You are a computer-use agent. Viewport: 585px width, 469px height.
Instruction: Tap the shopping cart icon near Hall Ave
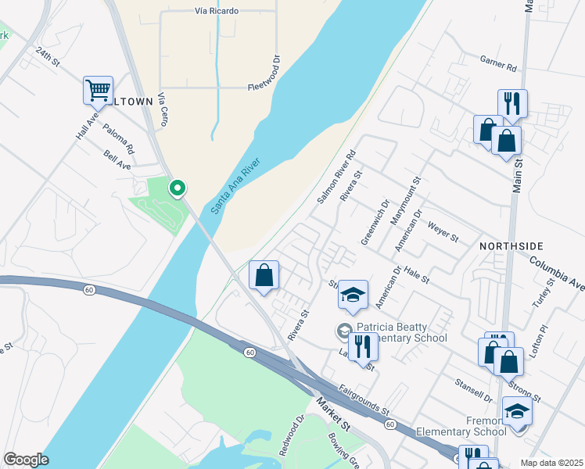(98, 91)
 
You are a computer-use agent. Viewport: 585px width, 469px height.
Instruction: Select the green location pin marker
(178, 188)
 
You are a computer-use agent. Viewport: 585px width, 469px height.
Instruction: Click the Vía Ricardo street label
(217, 11)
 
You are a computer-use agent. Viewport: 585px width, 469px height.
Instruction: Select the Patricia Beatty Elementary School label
(402, 333)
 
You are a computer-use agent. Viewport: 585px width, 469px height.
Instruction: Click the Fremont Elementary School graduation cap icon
(516, 411)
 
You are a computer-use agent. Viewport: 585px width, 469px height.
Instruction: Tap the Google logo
(26, 460)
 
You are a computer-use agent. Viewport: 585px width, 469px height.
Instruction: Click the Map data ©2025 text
(551, 463)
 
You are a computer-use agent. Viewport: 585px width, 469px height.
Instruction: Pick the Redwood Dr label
(291, 435)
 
